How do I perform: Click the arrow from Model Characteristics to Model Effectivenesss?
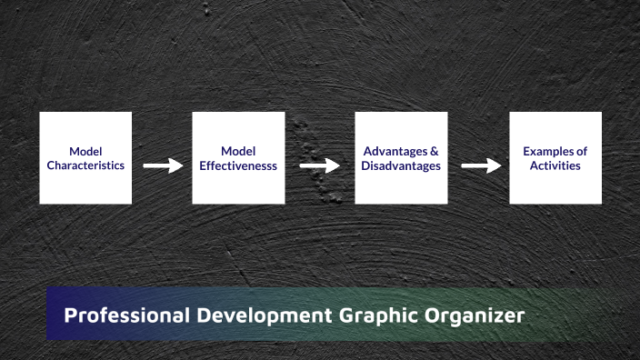163,166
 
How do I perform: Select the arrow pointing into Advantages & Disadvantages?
319,166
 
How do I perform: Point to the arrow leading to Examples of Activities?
481,166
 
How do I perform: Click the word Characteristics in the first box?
85,166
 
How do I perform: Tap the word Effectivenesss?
238,166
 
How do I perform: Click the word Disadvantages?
401,166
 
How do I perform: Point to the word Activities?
555,166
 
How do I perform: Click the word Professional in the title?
124,316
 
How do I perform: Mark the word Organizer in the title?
475,316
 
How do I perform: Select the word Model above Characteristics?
85,151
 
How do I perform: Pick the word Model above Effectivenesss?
238,151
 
